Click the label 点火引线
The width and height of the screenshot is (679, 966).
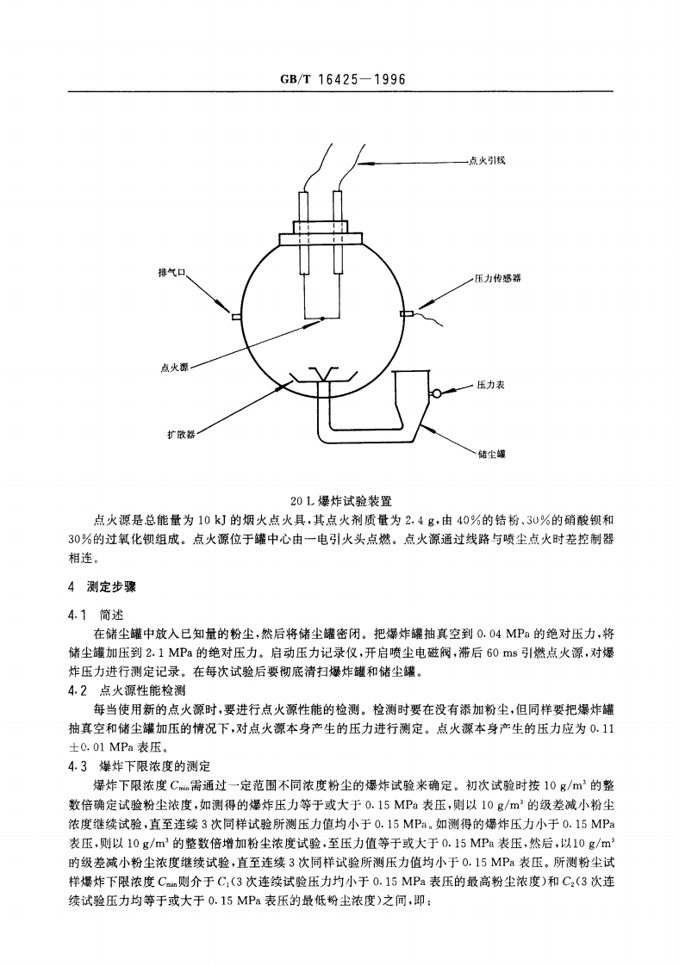pos(487,160)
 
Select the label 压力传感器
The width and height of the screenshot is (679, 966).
pos(498,278)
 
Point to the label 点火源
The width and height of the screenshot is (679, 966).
pos(174,368)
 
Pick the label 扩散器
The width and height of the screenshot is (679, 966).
pos(181,434)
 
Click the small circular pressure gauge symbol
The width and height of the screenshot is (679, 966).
pos(437,393)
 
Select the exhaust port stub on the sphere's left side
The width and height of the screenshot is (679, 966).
pos(234,316)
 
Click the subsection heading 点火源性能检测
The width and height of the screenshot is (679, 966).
pos(142,690)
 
